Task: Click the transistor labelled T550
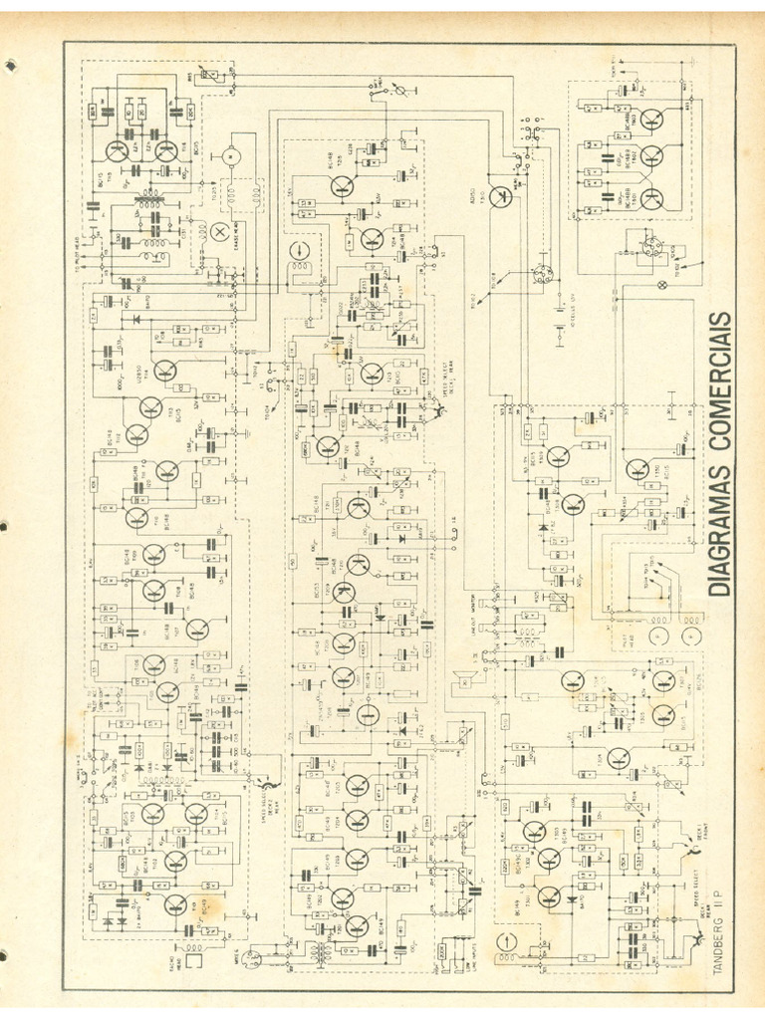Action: tap(638, 468)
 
